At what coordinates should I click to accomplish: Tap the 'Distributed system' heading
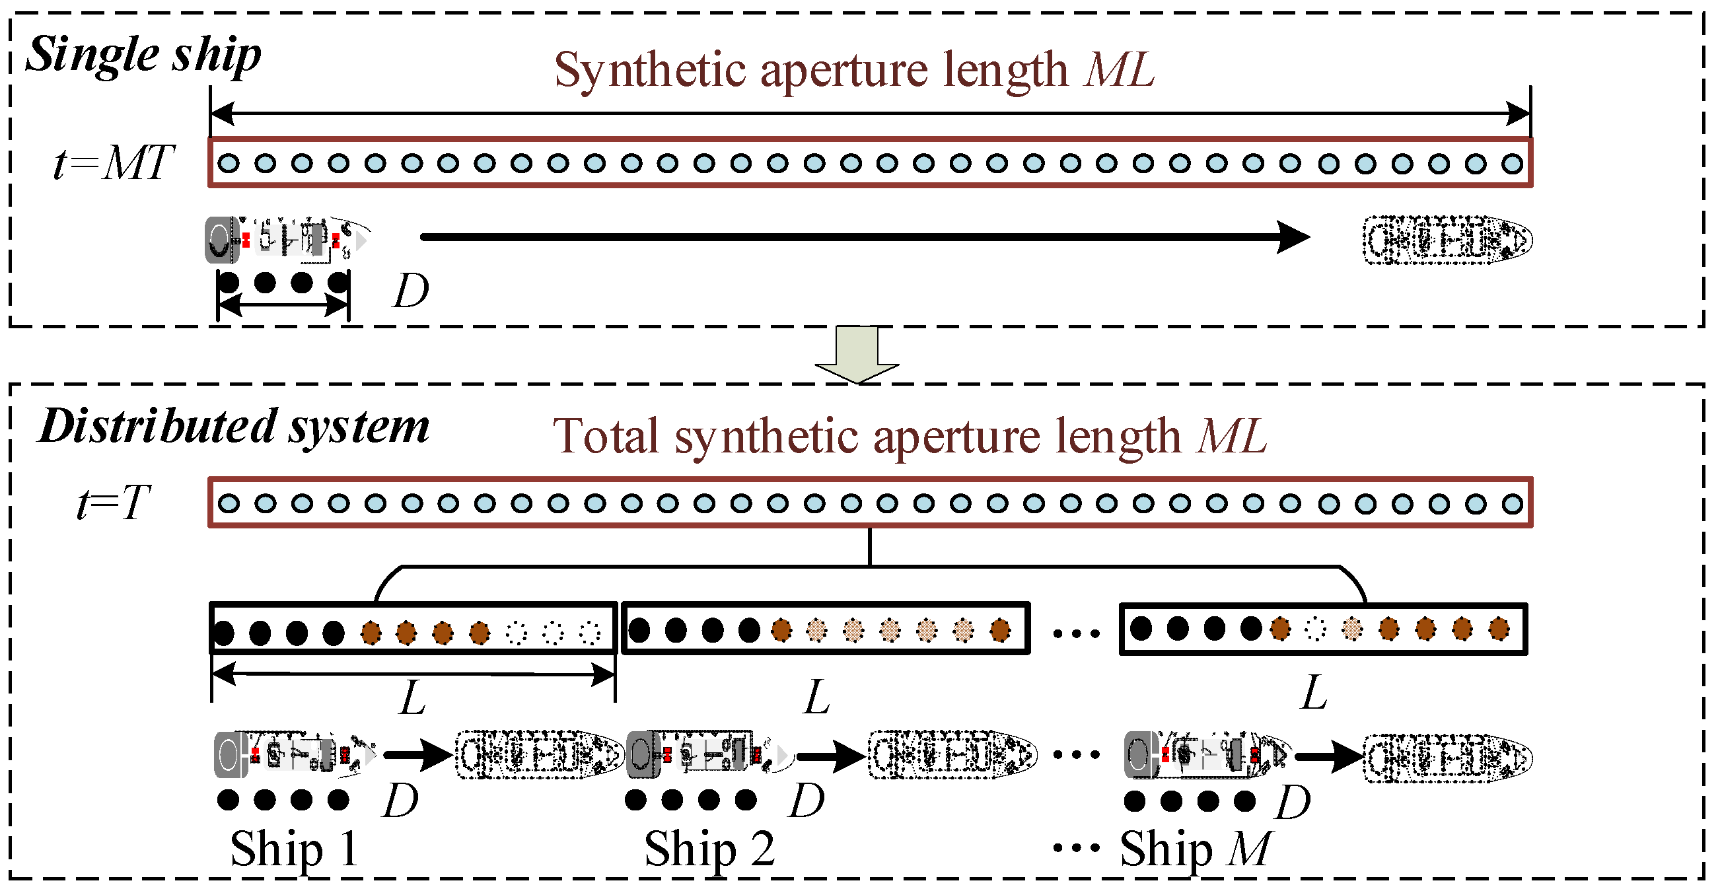[234, 427]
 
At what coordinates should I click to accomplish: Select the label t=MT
[114, 163]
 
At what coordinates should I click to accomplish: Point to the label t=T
[114, 502]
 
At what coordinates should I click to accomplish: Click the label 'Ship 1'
[295, 849]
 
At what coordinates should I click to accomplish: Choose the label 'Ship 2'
[709, 849]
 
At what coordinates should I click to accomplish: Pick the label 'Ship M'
[1195, 849]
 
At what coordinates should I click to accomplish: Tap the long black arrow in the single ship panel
[861, 237]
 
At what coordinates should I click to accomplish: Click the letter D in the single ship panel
[410, 292]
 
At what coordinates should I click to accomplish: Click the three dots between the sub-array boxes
[1075, 633]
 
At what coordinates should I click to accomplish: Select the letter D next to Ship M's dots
[1293, 802]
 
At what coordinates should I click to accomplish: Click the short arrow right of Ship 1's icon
[418, 756]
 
